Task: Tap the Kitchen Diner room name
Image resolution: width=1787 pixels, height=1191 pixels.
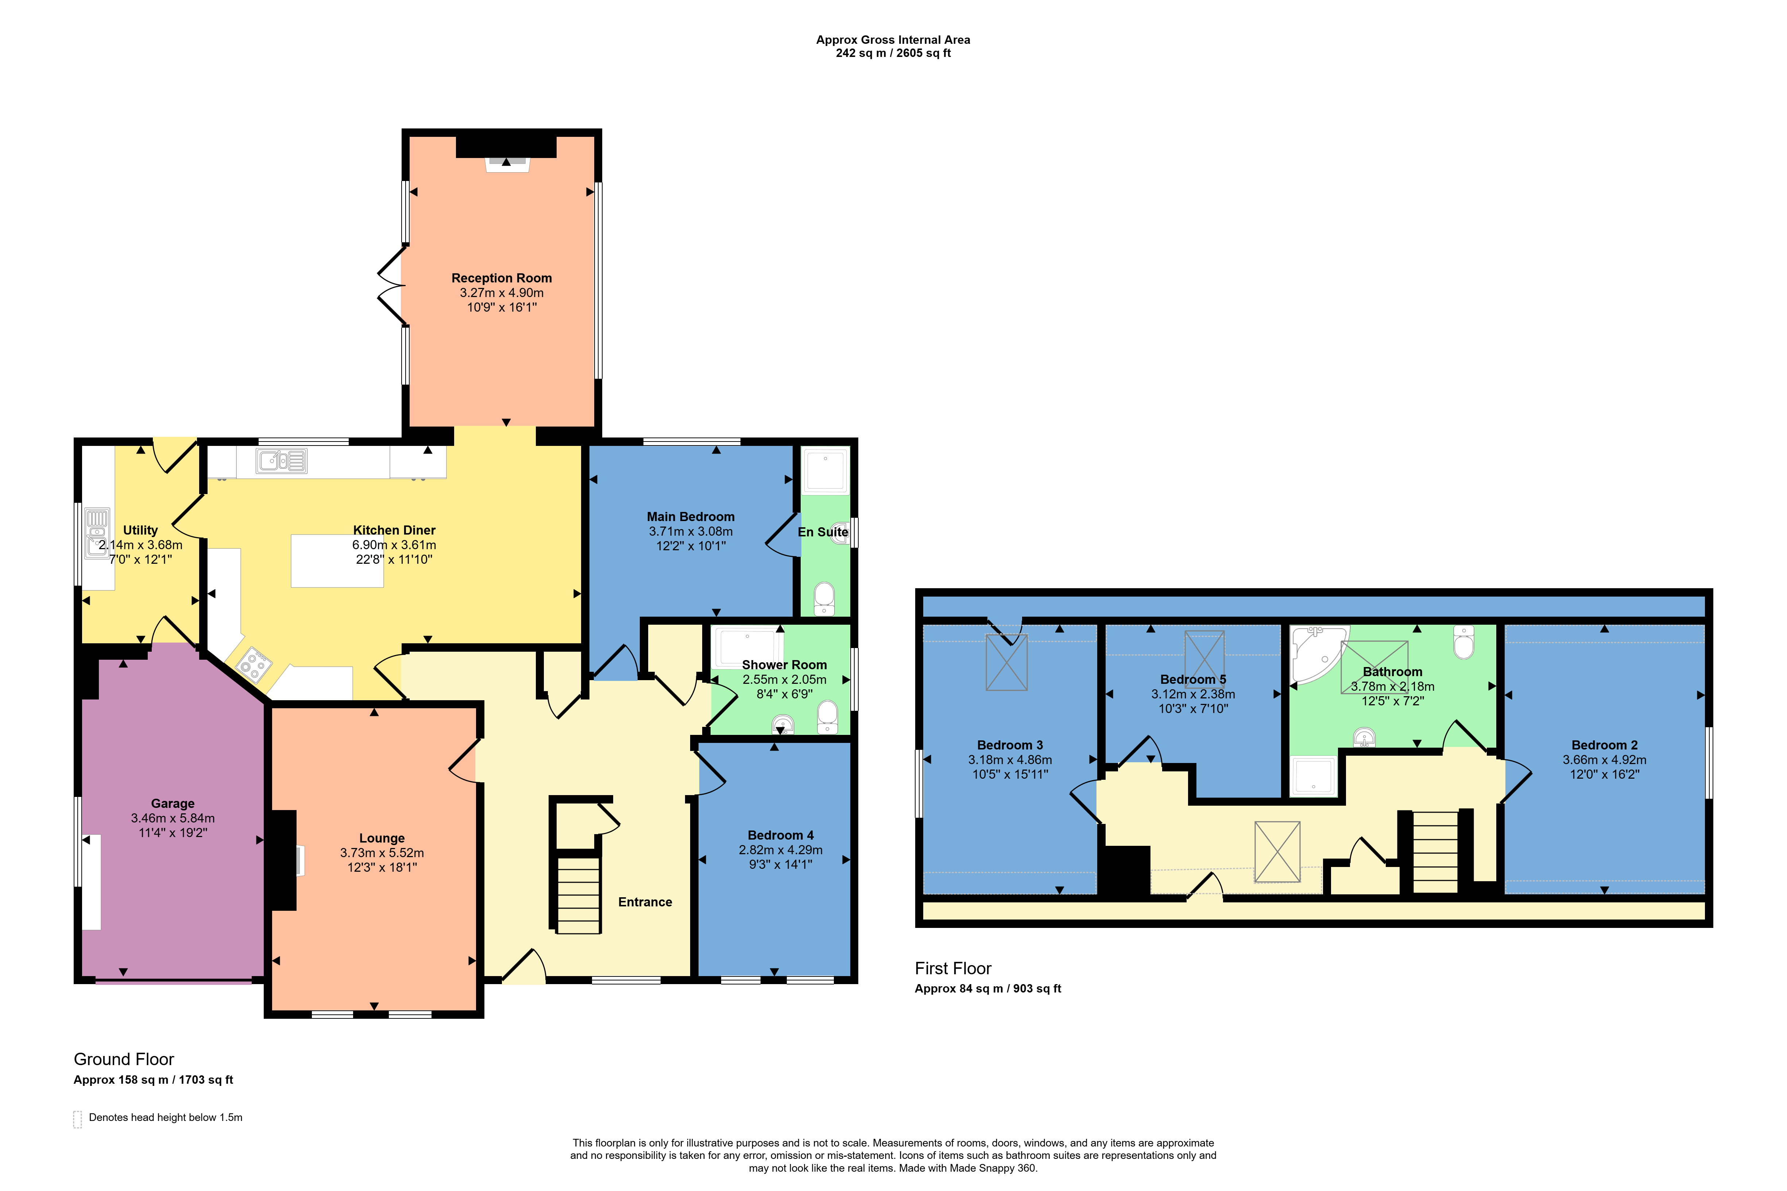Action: tap(394, 530)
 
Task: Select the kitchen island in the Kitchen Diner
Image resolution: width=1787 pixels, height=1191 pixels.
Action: tap(337, 560)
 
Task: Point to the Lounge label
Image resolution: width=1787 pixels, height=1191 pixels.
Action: tap(382, 838)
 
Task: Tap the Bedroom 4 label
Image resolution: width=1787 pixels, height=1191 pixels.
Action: tap(780, 835)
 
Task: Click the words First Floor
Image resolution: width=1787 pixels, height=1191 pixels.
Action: tap(953, 968)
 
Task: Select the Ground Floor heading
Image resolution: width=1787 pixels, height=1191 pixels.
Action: tap(124, 1060)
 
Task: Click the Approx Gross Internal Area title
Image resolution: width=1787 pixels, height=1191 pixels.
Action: tap(893, 39)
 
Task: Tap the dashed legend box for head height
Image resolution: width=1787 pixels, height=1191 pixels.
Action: tap(77, 1119)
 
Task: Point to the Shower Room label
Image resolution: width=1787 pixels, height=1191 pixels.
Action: tap(784, 664)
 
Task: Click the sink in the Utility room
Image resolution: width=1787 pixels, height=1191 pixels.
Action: tap(96, 532)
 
